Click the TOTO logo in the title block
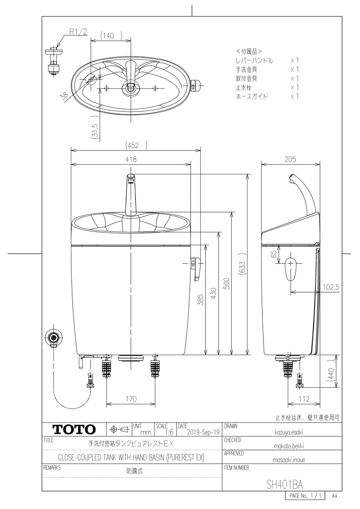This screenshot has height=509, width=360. [x=74, y=429]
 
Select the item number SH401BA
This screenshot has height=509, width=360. [x=284, y=484]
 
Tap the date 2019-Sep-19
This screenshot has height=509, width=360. [x=203, y=432]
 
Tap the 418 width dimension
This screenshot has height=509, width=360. [x=131, y=159]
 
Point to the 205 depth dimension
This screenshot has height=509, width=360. [x=290, y=159]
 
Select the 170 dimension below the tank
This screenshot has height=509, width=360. [x=131, y=399]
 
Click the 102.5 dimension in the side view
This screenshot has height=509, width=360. [x=331, y=287]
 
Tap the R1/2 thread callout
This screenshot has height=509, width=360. [x=78, y=32]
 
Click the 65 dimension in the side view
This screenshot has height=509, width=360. [x=274, y=255]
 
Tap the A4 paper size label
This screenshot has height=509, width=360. [x=335, y=495]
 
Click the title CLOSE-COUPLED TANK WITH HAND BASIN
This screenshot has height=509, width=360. [x=131, y=458]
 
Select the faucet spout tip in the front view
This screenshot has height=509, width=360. [x=131, y=177]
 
